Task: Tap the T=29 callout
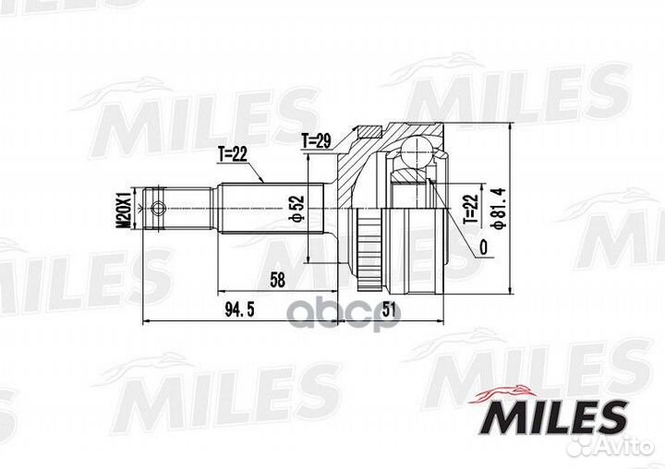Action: (x=317, y=140)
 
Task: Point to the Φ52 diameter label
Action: (x=296, y=209)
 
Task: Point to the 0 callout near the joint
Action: (x=482, y=247)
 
